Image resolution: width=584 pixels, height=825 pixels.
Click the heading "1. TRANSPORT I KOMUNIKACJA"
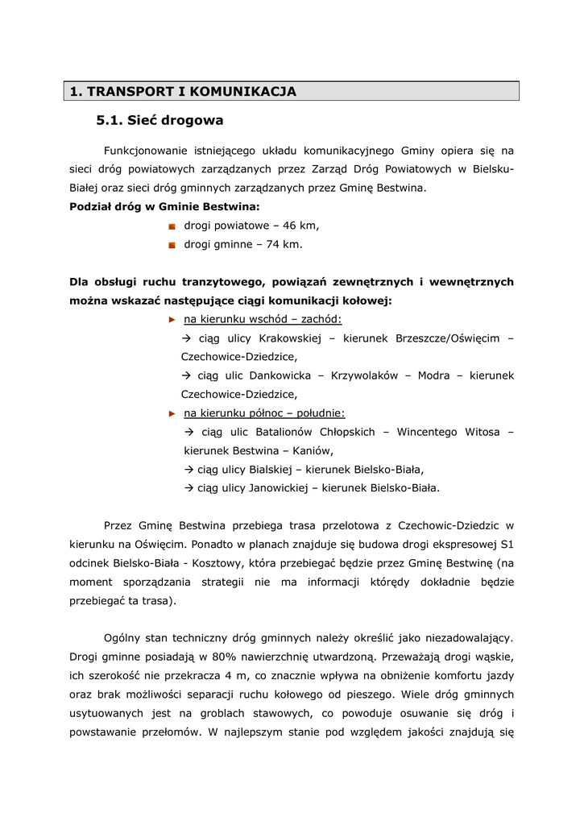point(184,92)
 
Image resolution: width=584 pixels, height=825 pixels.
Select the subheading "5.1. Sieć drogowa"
point(159,121)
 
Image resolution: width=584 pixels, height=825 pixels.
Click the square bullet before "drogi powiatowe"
point(172,227)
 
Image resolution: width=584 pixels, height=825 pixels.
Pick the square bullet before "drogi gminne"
point(172,245)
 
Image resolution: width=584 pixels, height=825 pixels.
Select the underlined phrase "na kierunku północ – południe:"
point(264,413)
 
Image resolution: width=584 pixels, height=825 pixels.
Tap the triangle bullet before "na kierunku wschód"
point(171,320)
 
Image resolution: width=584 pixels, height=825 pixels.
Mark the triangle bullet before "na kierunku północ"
point(171,413)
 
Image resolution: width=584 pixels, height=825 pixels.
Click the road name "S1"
point(507,544)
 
